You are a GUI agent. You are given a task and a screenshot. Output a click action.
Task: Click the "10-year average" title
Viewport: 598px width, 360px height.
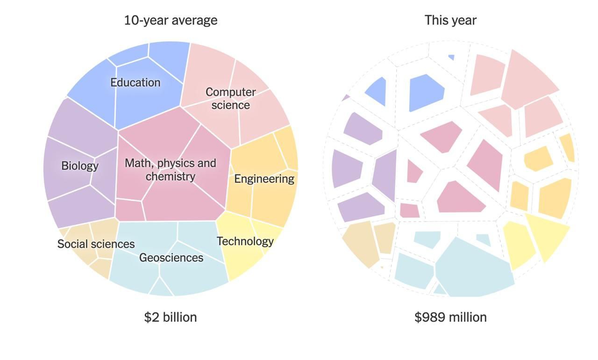171,21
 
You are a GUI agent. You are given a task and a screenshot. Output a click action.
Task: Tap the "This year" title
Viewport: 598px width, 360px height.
450,21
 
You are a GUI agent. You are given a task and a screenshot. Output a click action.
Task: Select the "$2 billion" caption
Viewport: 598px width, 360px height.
171,317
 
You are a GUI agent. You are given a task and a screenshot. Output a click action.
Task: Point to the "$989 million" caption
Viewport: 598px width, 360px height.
450,317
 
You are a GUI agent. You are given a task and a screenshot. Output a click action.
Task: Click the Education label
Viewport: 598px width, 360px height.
135,83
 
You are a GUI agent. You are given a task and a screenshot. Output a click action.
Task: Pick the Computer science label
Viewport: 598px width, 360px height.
231,99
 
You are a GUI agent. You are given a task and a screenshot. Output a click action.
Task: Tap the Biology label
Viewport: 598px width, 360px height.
80,166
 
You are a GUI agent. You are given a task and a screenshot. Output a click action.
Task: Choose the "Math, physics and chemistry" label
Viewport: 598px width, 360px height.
171,170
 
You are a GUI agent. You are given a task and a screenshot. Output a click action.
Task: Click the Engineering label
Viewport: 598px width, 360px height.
264,179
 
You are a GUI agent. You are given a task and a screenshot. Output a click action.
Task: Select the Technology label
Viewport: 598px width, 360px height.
245,241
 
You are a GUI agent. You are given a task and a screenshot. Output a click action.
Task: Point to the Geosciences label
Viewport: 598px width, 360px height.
171,258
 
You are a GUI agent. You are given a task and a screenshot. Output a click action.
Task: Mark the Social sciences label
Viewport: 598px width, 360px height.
96,244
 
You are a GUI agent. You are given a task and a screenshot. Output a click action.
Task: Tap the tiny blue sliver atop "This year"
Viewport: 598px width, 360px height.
451,58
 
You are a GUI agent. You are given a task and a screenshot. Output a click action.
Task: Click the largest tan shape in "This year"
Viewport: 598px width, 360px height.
361,243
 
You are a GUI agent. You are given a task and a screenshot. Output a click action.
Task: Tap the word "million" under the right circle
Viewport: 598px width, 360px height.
468,317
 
